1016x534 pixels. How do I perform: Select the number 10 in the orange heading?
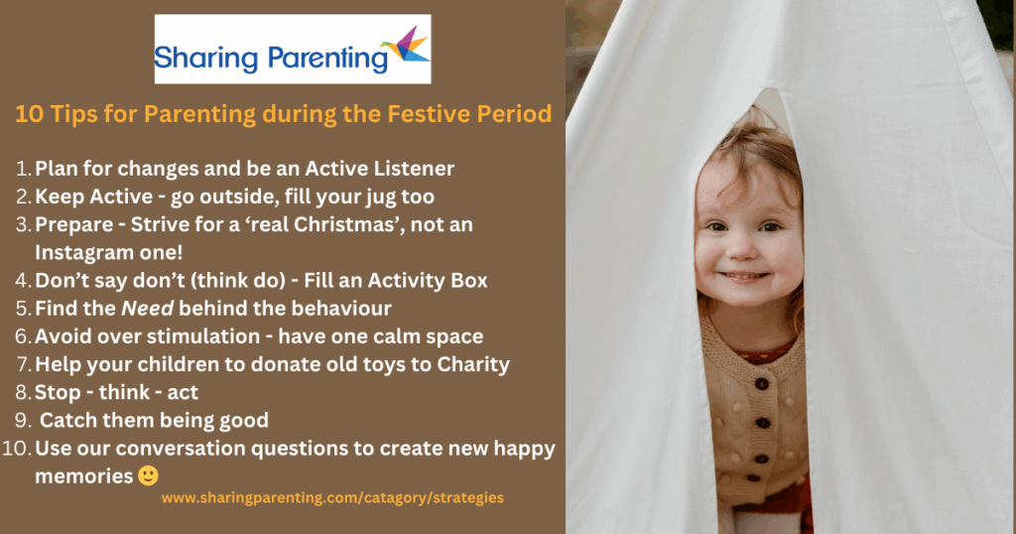click(x=28, y=114)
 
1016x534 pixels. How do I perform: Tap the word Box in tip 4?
click(x=468, y=280)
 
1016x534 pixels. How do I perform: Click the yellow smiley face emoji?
click(x=148, y=475)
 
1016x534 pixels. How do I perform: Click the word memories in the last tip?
click(x=83, y=476)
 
